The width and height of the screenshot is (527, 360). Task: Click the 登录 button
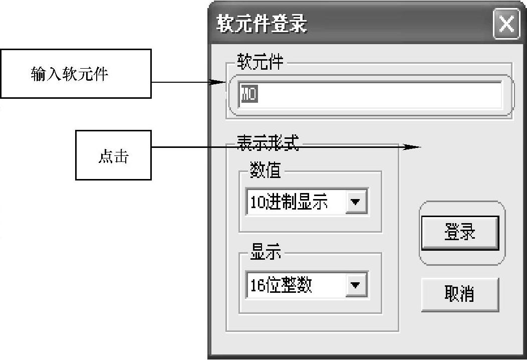[x=460, y=233]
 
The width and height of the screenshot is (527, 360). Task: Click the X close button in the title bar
[x=506, y=24]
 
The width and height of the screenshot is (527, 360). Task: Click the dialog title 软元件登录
[x=261, y=24]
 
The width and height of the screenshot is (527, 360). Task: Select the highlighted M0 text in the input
[x=249, y=94]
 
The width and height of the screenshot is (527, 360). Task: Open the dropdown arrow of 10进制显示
[x=356, y=202]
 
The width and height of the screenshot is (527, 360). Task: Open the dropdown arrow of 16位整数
[x=356, y=285]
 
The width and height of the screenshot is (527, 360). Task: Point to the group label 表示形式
[x=267, y=144]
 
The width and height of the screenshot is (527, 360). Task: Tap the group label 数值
[x=266, y=171]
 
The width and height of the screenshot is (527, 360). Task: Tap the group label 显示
[x=266, y=254]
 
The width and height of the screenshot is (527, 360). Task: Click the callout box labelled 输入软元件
[x=76, y=74]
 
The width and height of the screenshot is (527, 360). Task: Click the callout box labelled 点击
[x=113, y=155]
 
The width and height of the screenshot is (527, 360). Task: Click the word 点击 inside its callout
[x=113, y=156]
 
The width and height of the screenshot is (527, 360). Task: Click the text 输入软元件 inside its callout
[x=70, y=74]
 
